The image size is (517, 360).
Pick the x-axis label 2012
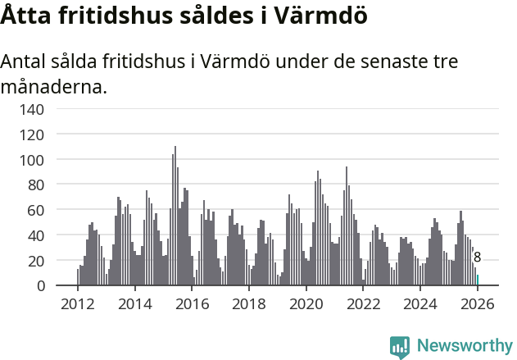coord(78,303)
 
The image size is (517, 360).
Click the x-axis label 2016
coord(193,303)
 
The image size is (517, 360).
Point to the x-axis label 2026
coord(477,303)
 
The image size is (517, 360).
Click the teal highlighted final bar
coord(478,280)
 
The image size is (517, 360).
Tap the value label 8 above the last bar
coord(478,257)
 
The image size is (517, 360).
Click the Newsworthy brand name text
coord(464,346)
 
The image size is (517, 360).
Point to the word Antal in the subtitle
coord(24,62)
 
